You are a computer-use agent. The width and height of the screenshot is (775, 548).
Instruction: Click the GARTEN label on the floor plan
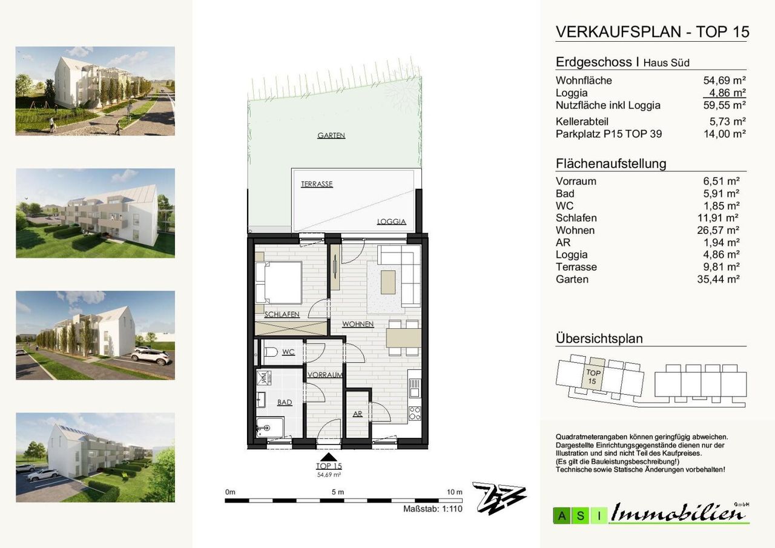tap(331, 135)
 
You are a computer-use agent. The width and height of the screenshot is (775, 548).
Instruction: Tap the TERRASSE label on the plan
tap(317, 184)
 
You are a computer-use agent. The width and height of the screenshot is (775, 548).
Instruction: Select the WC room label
tap(288, 352)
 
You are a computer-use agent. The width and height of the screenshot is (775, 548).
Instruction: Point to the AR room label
tap(357, 414)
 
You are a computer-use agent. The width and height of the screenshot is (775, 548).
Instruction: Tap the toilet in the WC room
tap(271, 352)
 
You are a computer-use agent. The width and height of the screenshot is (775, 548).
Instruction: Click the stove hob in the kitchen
tap(415, 414)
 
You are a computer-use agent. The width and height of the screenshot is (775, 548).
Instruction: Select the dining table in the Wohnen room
tap(403, 338)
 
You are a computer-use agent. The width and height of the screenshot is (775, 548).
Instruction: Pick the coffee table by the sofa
tap(388, 282)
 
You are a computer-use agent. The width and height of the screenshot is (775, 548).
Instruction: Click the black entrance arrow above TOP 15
tap(328, 457)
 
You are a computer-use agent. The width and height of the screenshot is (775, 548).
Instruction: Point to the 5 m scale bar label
tap(338, 492)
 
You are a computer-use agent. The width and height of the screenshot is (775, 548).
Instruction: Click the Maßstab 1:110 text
tap(432, 509)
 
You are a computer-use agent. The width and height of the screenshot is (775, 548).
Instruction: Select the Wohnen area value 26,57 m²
tap(718, 231)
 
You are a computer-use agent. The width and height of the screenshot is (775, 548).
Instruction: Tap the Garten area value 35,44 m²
tap(718, 279)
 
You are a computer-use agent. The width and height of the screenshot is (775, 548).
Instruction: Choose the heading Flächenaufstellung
tap(611, 163)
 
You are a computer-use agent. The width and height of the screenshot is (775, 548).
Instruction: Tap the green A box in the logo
tap(562, 516)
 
